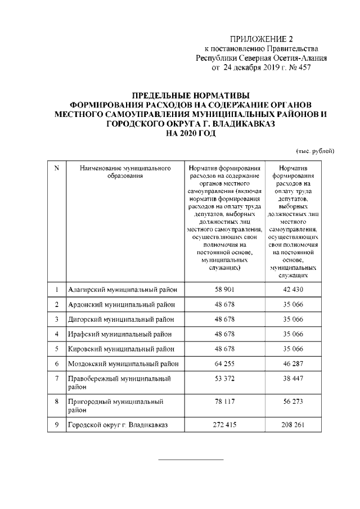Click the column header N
(x=56, y=168)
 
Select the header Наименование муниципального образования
(x=125, y=172)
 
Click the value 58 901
(x=224, y=290)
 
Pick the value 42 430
(x=292, y=290)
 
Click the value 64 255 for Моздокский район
(x=224, y=363)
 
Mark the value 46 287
(x=292, y=363)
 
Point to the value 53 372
(x=224, y=379)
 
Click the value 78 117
(x=224, y=402)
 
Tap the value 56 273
(x=292, y=402)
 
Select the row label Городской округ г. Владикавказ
(x=118, y=424)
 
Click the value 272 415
(x=224, y=424)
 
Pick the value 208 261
(x=292, y=424)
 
